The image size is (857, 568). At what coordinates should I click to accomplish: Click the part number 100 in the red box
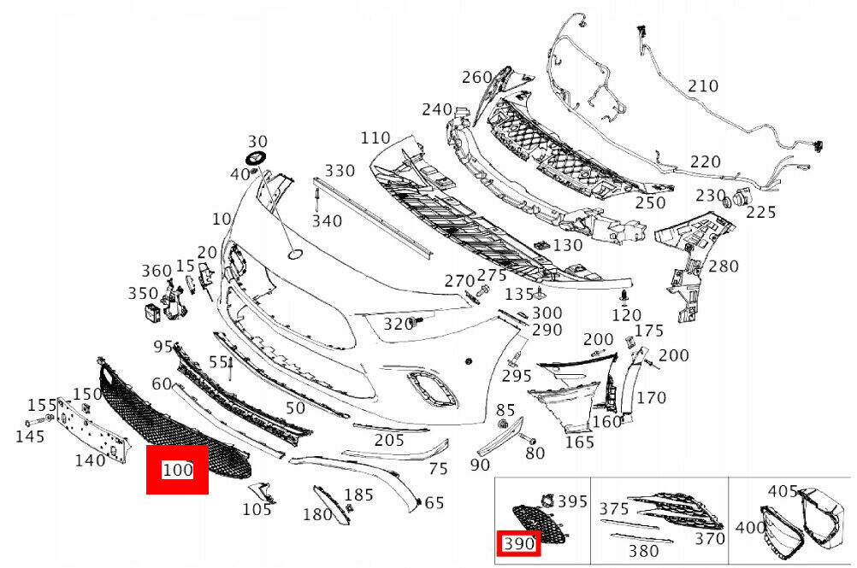click(178, 469)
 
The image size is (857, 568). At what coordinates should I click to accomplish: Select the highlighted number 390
click(518, 543)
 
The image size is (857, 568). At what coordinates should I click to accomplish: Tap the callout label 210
click(703, 86)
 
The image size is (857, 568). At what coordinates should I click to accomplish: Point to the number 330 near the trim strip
click(340, 171)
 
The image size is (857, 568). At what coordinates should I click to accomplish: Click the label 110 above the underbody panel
click(375, 138)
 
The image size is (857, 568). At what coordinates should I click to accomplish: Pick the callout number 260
click(477, 78)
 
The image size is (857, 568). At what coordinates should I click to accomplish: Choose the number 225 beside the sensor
click(761, 212)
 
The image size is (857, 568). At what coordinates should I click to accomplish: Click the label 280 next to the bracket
click(724, 266)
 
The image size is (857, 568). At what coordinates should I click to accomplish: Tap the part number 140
click(90, 460)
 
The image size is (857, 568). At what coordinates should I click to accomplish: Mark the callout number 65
click(434, 502)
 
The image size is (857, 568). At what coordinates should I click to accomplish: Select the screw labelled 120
click(623, 297)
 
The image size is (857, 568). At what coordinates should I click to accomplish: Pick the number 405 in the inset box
click(783, 491)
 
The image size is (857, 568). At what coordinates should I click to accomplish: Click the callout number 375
click(614, 509)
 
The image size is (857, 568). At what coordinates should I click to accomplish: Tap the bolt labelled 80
click(529, 439)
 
